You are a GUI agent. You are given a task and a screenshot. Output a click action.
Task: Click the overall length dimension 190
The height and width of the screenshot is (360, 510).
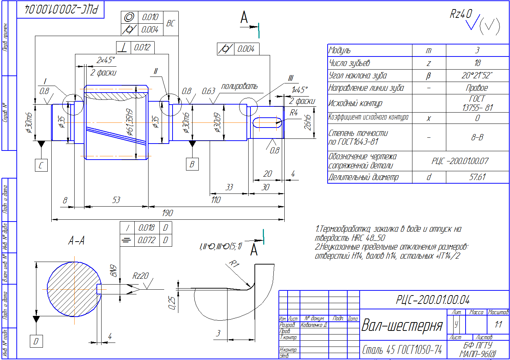[167, 213]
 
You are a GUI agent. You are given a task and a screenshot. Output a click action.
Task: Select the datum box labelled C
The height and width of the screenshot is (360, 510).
[41, 165]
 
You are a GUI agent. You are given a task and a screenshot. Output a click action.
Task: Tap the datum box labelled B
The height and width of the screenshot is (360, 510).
[192, 164]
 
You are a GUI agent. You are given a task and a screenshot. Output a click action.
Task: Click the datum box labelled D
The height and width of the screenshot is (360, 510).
[36, 341]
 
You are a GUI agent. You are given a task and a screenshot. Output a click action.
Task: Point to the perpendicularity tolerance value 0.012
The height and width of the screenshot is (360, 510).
[142, 47]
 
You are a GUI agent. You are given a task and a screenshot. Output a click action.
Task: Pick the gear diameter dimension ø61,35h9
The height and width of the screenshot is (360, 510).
[130, 122]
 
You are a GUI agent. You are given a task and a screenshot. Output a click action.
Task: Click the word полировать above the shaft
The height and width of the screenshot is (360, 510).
[239, 86]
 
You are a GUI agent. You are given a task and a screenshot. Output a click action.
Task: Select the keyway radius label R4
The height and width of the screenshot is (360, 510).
[293, 113]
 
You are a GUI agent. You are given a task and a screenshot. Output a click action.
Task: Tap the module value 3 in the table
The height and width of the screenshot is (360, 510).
[477, 50]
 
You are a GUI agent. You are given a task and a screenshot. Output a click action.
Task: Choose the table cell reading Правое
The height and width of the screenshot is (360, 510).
[477, 88]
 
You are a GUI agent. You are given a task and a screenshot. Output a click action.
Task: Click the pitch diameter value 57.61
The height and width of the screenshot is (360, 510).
[477, 177]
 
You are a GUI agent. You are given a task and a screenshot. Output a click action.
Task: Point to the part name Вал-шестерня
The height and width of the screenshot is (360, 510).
[402, 325]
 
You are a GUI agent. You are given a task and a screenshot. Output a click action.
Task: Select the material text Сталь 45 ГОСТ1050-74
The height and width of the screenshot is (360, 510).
[402, 350]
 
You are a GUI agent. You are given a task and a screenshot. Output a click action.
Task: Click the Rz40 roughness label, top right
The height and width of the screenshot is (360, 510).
[460, 14]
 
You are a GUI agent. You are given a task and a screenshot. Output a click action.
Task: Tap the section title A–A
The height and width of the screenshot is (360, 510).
[76, 240]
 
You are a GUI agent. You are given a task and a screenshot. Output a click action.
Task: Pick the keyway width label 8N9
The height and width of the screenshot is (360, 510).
[114, 270]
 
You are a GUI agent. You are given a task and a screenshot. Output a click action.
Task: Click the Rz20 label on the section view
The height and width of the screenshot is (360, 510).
[140, 276]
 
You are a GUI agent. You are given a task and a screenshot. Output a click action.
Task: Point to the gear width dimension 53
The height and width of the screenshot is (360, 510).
[116, 200]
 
